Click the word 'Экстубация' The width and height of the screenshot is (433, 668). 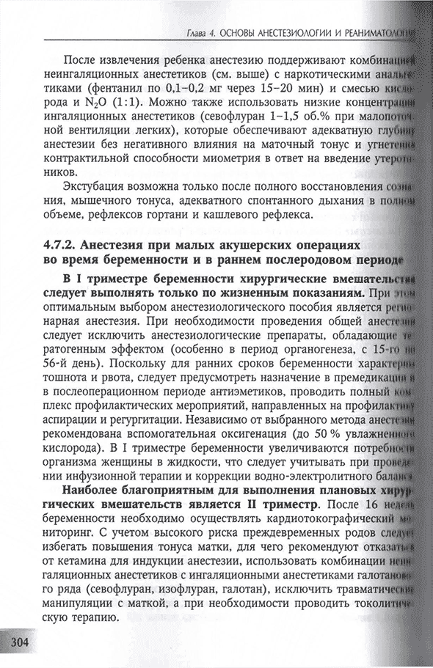[96, 184]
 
